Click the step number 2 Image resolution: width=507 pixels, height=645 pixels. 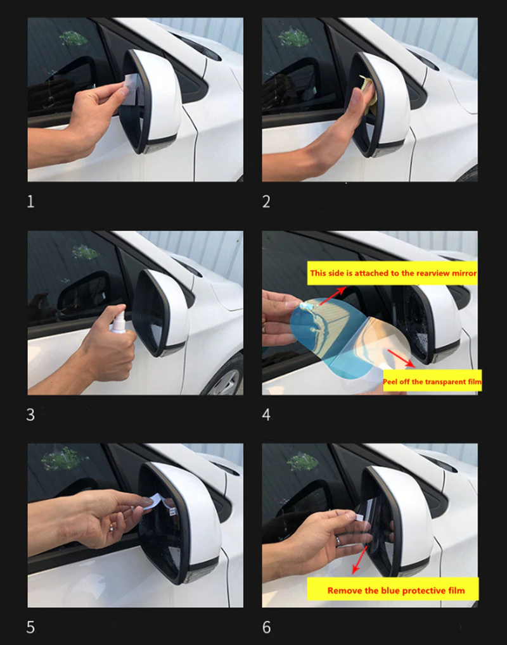[x=266, y=202]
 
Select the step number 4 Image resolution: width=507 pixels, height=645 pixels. [x=266, y=415]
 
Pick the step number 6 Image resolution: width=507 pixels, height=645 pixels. [x=266, y=628]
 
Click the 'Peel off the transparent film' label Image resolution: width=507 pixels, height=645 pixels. [x=432, y=382]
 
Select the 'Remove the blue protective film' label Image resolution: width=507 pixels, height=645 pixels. [x=395, y=590]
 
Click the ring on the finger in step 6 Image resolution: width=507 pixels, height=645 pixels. [x=338, y=542]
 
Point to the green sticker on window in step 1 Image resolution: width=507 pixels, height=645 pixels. [x=73, y=39]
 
